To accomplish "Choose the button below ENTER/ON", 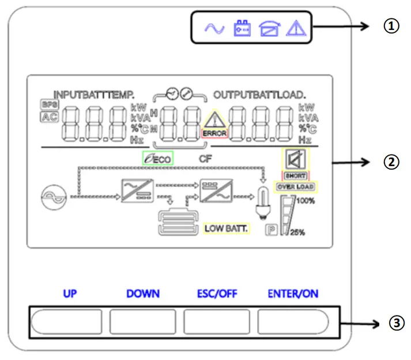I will (x=292, y=321).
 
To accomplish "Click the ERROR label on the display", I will (x=214, y=133).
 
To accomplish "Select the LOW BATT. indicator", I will (x=226, y=228).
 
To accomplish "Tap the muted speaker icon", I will (x=295, y=159).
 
